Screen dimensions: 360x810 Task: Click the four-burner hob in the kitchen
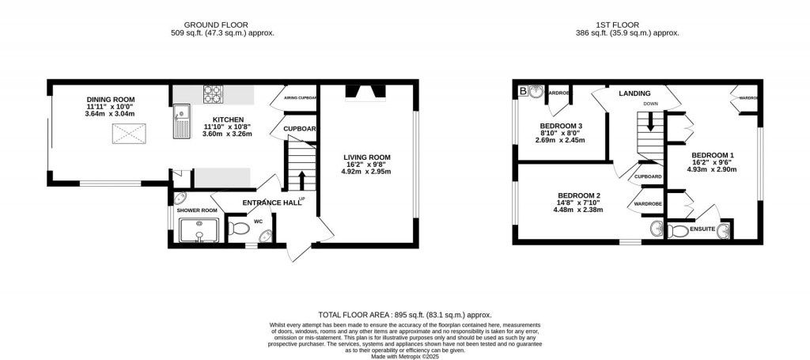[214, 94]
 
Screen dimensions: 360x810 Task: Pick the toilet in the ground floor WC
[239, 230]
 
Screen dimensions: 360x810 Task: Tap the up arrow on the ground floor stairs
[301, 176]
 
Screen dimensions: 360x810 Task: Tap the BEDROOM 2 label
[578, 195]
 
